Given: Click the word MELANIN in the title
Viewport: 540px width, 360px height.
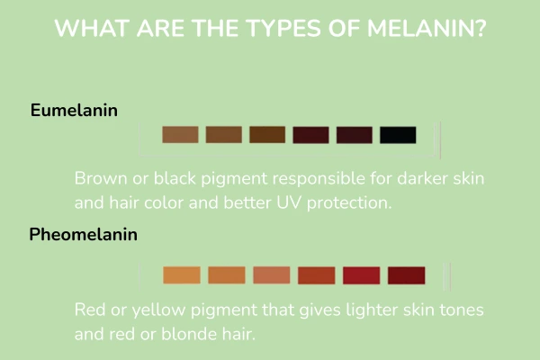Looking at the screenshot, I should (x=422, y=28).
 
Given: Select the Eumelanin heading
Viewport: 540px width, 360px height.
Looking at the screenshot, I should (x=75, y=111).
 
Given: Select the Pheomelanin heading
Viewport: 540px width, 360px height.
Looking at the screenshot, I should (x=83, y=236).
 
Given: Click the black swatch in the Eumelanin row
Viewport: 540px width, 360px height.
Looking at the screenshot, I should (x=398, y=135).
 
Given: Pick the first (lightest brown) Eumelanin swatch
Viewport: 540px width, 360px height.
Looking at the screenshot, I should (x=180, y=135).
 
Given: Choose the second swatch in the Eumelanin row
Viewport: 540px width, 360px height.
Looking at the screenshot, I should (x=223, y=135).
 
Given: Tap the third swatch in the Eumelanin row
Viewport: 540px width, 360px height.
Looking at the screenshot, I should (x=267, y=135).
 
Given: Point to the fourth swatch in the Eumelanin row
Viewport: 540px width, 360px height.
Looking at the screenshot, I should (x=310, y=135).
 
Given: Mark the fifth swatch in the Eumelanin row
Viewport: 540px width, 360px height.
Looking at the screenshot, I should (x=354, y=135).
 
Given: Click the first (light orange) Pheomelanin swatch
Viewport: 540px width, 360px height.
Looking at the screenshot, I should (x=182, y=275).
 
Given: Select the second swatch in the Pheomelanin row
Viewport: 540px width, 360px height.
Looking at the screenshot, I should (x=227, y=275).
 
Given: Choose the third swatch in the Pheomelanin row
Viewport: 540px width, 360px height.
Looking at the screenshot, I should (x=272, y=275).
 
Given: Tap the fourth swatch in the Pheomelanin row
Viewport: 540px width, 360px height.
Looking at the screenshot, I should (x=317, y=275).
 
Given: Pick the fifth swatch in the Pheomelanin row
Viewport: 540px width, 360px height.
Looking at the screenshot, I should (x=362, y=275).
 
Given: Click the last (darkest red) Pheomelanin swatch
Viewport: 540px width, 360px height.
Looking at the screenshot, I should (x=407, y=275).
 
